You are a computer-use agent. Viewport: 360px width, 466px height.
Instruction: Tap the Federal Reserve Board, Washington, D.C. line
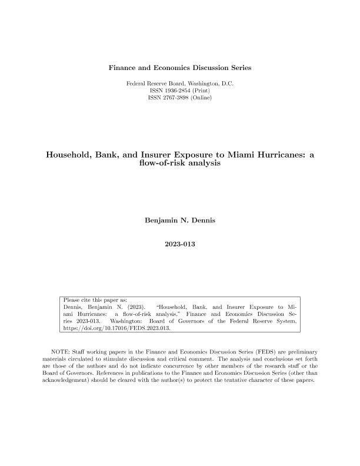pyautogui.click(x=180, y=84)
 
